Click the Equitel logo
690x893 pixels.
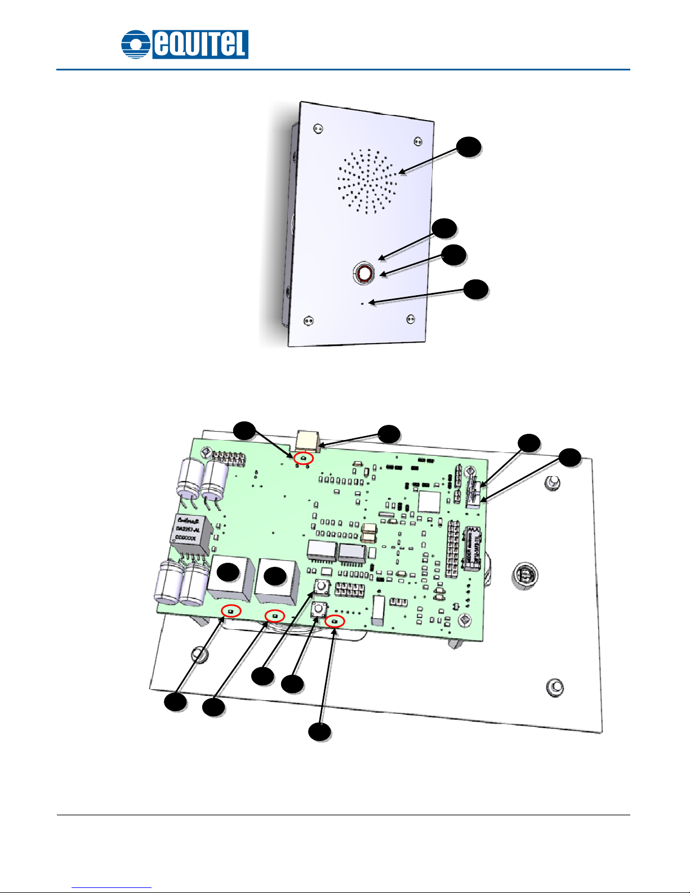click(185, 44)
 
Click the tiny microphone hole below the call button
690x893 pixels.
click(363, 304)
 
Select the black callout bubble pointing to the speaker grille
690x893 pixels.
click(469, 146)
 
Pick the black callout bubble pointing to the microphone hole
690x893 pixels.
click(476, 289)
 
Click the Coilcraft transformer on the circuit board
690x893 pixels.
click(190, 530)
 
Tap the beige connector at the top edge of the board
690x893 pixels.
click(308, 440)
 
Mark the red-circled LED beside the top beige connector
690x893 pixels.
click(304, 459)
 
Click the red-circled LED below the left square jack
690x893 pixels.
click(231, 611)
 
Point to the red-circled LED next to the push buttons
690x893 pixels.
click(335, 621)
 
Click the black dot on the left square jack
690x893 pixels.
click(228, 572)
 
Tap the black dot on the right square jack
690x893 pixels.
click(275, 576)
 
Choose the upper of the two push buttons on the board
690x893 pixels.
click(322, 586)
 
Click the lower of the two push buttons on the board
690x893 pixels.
click(319, 609)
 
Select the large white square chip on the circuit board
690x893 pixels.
click(429, 501)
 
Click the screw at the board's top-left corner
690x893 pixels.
click(206, 452)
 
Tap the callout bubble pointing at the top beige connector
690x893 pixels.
click(389, 434)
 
